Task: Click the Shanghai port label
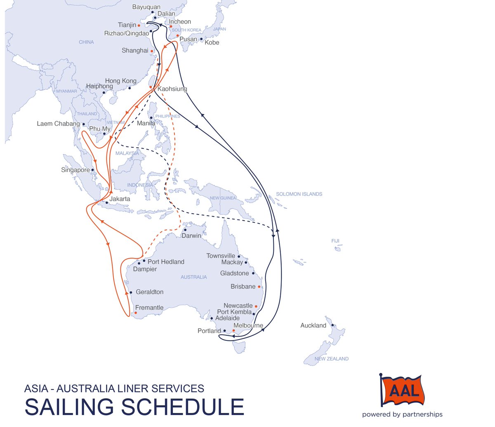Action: (x=135, y=50)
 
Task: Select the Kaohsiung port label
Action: (x=172, y=89)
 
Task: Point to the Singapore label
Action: (x=75, y=170)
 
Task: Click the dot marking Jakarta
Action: (x=107, y=203)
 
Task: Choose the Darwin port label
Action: (x=191, y=236)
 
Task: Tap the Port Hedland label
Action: (x=166, y=262)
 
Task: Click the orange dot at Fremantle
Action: (x=135, y=313)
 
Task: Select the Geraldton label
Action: (x=149, y=292)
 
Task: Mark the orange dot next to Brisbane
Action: (x=259, y=287)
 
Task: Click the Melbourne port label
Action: (x=248, y=326)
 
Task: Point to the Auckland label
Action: (x=313, y=326)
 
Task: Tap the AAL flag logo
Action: (x=402, y=390)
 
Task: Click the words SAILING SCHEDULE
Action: (x=134, y=407)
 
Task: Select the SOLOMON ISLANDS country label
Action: (x=299, y=194)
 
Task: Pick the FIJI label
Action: (x=335, y=241)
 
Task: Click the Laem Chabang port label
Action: (x=58, y=124)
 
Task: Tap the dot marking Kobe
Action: (x=201, y=39)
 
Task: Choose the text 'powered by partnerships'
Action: (x=402, y=415)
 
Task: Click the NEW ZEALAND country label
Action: (x=331, y=359)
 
